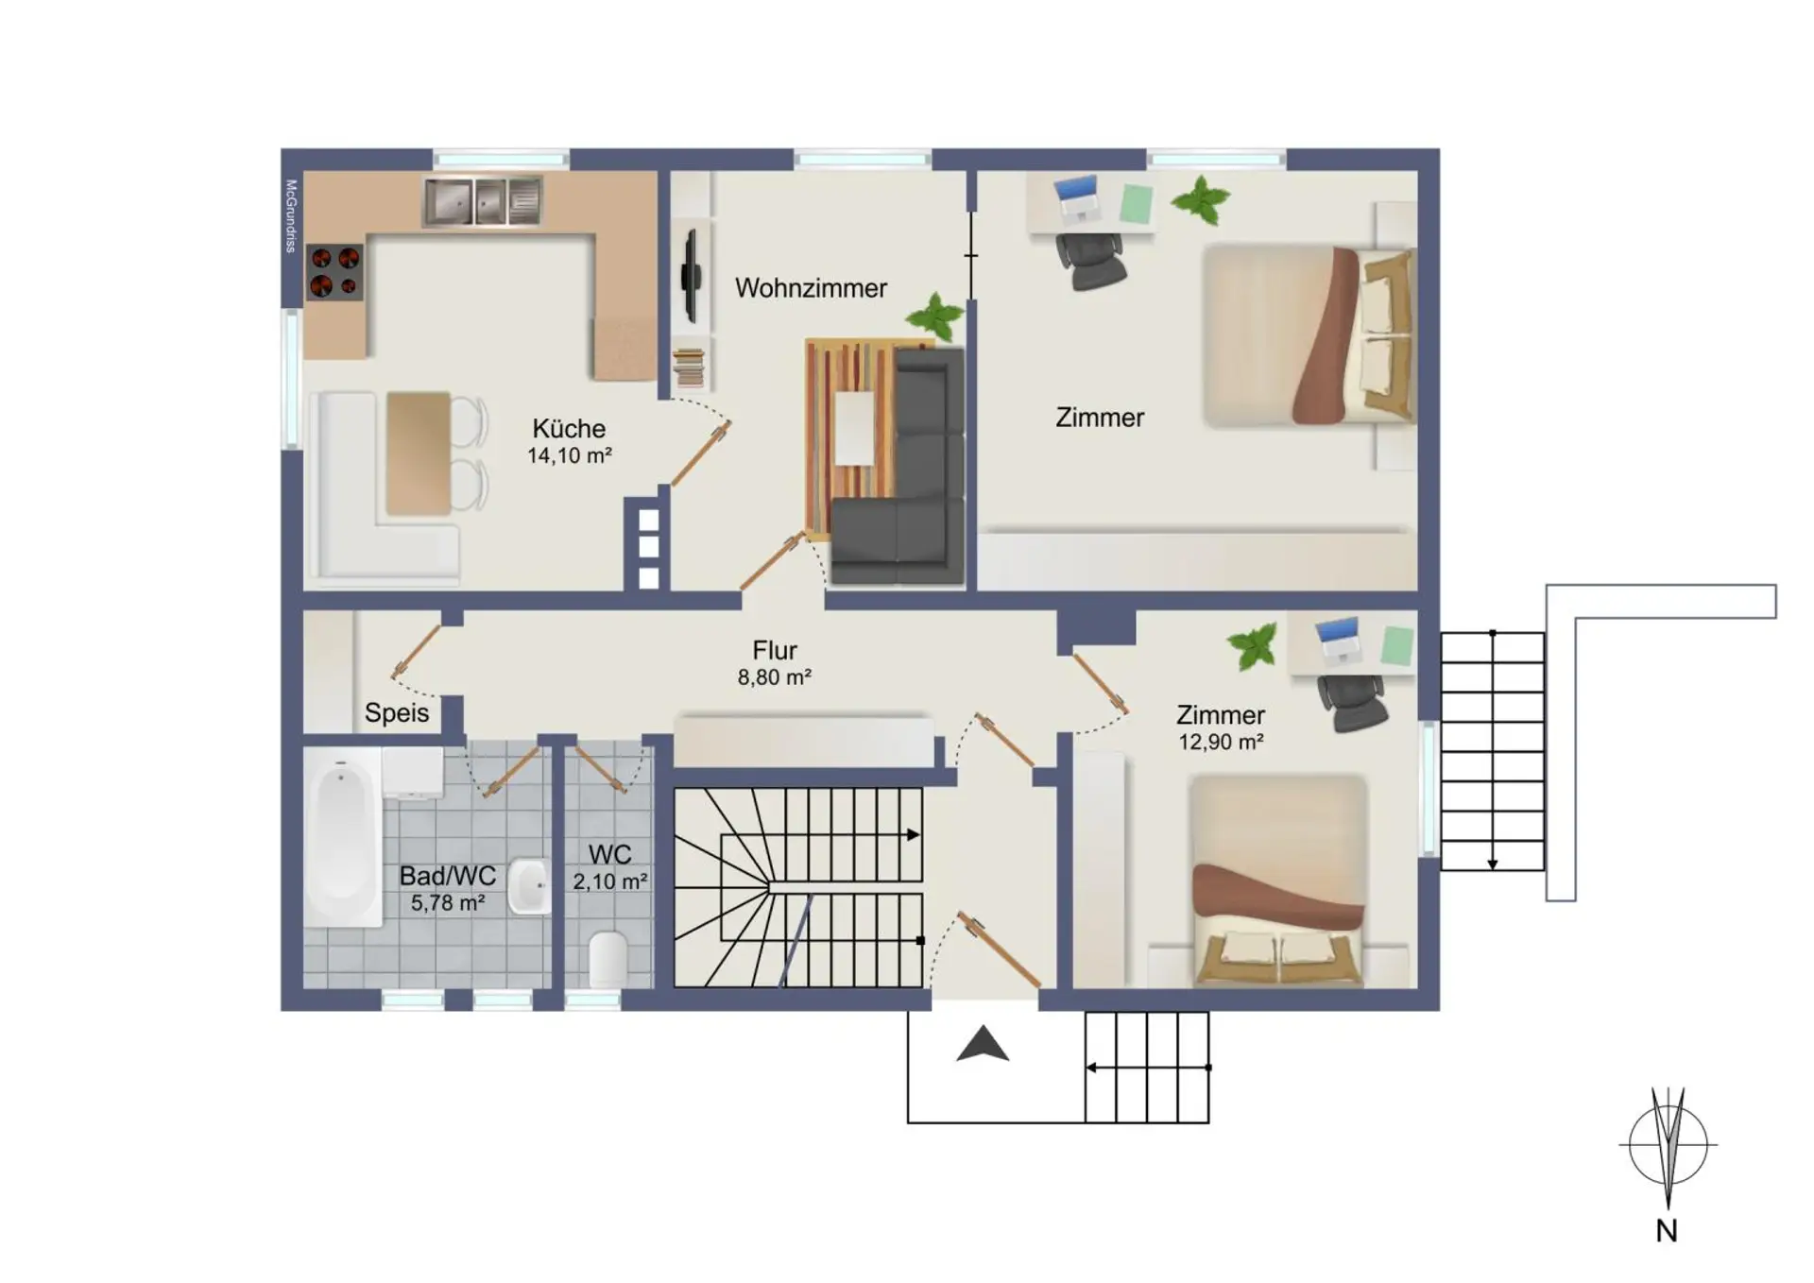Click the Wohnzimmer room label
point(811,288)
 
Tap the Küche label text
point(569,428)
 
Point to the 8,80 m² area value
point(775,677)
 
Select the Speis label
point(397,713)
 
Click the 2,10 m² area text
point(610,881)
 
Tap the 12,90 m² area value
point(1221,743)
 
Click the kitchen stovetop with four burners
point(334,271)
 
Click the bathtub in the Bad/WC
point(342,836)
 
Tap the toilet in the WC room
point(608,958)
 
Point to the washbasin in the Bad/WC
point(529,886)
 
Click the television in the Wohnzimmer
point(691,275)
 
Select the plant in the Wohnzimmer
point(935,316)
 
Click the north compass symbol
point(1669,1145)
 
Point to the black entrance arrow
point(983,1044)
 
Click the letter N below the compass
point(1667,1231)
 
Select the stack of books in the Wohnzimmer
point(690,368)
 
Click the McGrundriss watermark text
point(291,215)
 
